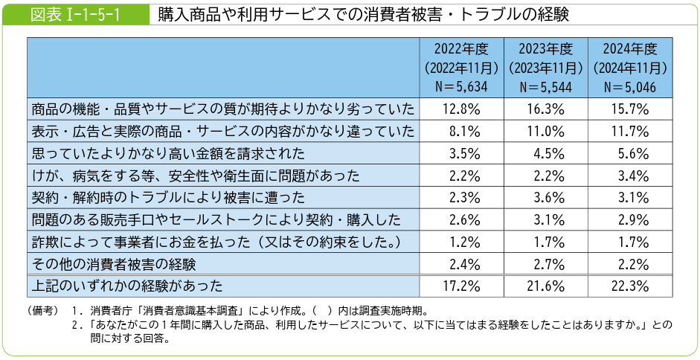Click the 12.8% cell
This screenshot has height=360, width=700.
point(461,110)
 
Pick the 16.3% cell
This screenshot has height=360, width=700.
point(546,110)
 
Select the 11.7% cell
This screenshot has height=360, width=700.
point(631,132)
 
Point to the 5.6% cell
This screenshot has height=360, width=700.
point(631,154)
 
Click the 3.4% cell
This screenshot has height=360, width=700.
point(631,176)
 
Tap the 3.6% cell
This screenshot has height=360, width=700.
point(546,198)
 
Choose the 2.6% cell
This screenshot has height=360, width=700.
point(461,219)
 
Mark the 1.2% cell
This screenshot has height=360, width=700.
point(461,242)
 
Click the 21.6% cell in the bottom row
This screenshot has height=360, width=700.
point(546,286)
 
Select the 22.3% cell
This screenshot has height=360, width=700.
point(631,286)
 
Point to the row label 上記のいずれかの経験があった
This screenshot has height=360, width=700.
point(127,286)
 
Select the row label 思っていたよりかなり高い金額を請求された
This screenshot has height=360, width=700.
point(168,154)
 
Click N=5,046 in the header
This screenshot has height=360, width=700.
point(631,86)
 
